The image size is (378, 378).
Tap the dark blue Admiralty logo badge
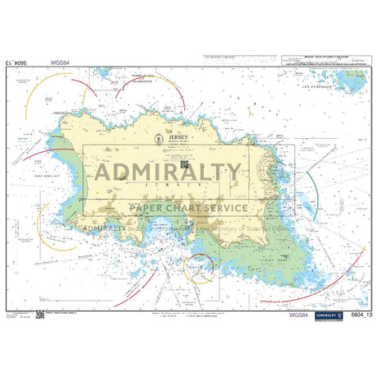coord(329,316)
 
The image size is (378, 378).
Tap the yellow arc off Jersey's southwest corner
coord(49,238)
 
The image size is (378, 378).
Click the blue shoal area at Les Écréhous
coord(349,80)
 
